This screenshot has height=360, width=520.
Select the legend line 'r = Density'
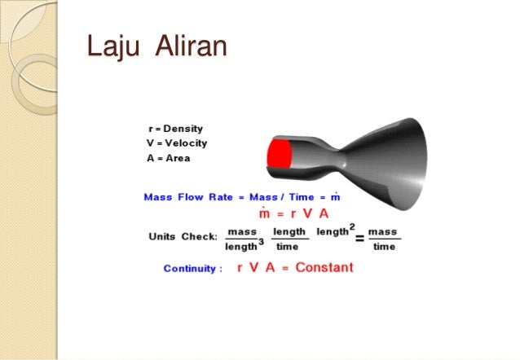(175, 129)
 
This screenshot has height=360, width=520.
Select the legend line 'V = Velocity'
(176, 143)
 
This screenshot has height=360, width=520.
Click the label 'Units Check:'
(183, 237)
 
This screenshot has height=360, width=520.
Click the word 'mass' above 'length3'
(242, 232)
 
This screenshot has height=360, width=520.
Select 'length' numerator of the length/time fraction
(289, 232)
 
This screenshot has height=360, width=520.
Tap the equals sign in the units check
(359, 238)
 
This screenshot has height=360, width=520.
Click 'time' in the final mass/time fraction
(383, 246)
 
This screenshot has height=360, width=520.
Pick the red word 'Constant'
(324, 267)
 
